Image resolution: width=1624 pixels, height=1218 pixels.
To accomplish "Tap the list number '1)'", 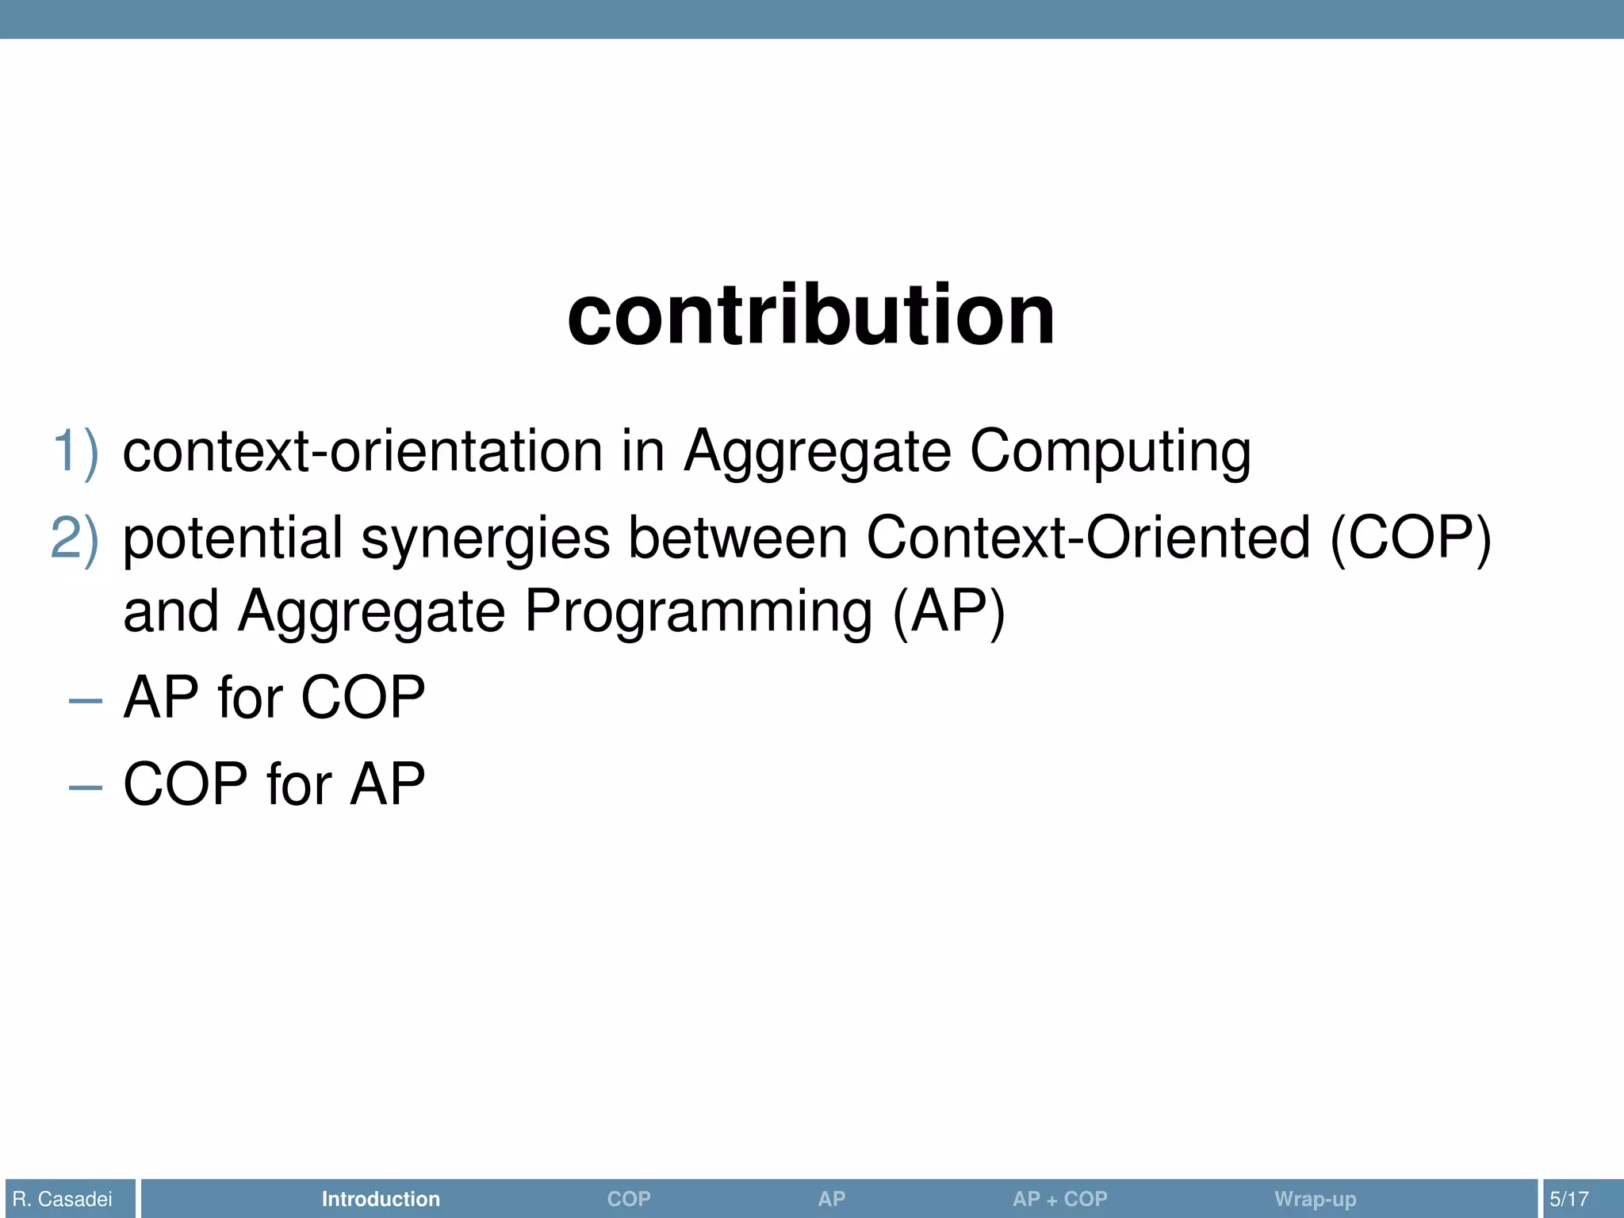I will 76,452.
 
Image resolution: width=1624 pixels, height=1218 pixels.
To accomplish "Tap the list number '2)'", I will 75,538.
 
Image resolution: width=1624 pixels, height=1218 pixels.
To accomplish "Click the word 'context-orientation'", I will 362,452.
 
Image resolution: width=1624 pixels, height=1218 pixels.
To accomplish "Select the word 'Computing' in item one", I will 1110,454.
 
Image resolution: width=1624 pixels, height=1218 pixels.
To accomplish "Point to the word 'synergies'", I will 485,540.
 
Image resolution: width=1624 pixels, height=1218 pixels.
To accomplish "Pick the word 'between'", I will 738,538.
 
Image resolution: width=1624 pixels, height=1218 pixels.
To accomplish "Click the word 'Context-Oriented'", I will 1088,538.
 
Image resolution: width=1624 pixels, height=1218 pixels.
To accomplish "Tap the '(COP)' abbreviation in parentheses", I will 1411,538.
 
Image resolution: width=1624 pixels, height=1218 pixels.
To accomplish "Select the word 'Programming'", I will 698,613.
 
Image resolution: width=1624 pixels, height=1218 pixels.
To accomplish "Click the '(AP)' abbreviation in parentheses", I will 948,613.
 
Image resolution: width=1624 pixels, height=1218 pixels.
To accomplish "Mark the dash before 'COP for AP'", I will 86,787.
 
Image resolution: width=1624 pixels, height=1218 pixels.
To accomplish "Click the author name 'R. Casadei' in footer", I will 63,1199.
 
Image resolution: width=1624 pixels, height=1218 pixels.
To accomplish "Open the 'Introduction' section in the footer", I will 381,1199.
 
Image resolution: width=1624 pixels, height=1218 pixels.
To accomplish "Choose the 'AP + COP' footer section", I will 1059,1199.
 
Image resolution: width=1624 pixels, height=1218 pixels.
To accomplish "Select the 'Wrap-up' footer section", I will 1315,1199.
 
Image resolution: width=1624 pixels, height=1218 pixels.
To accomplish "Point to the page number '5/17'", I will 1569,1199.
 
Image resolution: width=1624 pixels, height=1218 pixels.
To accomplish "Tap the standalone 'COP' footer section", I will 629,1199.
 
